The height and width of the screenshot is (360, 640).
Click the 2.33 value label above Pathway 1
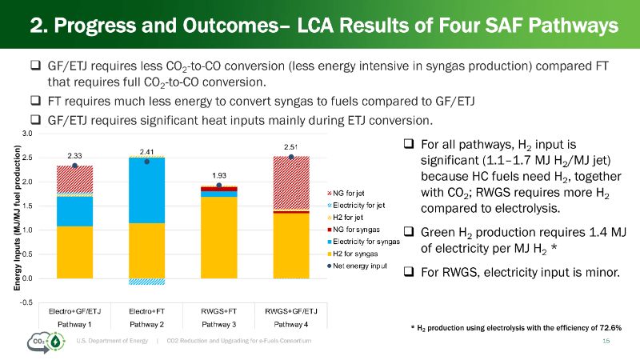point(74,156)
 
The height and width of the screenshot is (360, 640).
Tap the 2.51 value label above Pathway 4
point(291,147)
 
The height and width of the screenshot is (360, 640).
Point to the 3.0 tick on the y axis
point(27,134)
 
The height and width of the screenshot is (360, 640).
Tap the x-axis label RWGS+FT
point(218,310)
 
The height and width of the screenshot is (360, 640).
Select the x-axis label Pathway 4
point(291,323)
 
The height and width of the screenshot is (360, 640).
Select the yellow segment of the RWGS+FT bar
point(218,238)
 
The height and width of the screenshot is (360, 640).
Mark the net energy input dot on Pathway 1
point(74,166)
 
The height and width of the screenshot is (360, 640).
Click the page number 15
point(605,342)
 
